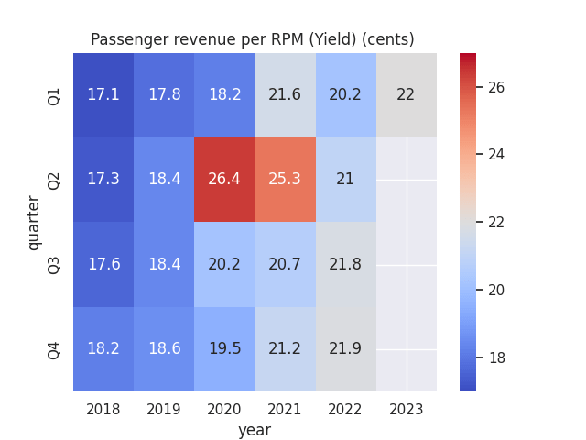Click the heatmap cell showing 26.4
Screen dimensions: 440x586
click(224, 180)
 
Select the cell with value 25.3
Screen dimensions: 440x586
click(285, 180)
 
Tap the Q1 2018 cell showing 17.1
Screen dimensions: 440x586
click(103, 95)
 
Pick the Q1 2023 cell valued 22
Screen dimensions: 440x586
click(407, 95)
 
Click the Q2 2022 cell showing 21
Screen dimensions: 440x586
click(345, 180)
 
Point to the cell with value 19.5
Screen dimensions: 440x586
click(224, 348)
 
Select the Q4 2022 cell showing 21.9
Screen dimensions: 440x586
click(345, 348)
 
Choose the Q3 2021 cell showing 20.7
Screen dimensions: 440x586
click(285, 264)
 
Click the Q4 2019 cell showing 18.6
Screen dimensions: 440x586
click(164, 348)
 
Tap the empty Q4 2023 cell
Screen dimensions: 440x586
click(407, 348)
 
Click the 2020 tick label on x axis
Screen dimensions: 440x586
click(224, 409)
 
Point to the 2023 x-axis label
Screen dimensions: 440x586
click(407, 409)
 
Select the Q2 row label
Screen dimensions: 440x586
click(54, 180)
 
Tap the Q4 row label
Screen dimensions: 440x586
click(54, 349)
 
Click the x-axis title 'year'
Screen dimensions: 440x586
click(255, 429)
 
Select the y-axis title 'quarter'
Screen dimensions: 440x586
click(34, 222)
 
